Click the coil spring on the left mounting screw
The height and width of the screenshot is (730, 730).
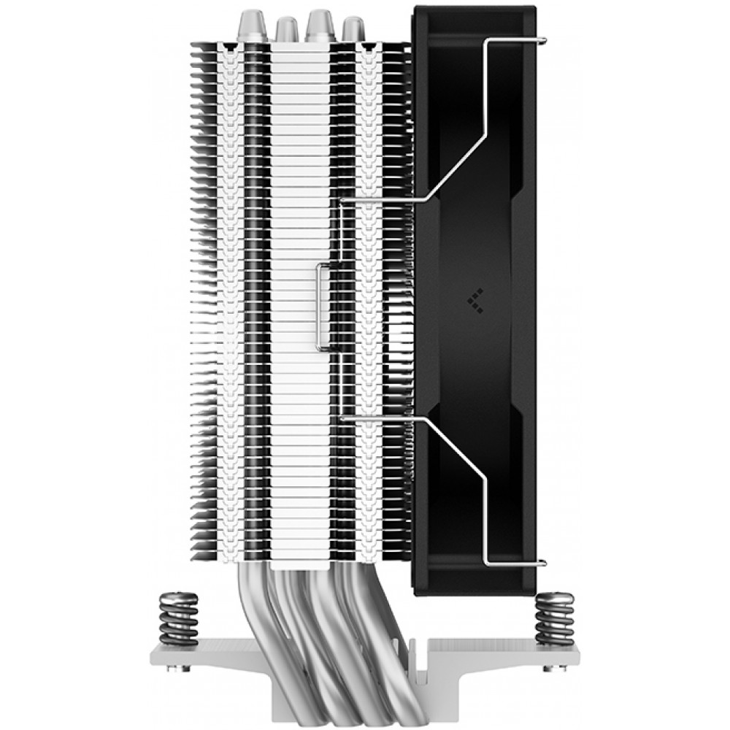click(178, 619)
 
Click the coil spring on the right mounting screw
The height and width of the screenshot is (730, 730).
click(555, 619)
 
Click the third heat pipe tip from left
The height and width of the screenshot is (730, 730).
click(319, 23)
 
